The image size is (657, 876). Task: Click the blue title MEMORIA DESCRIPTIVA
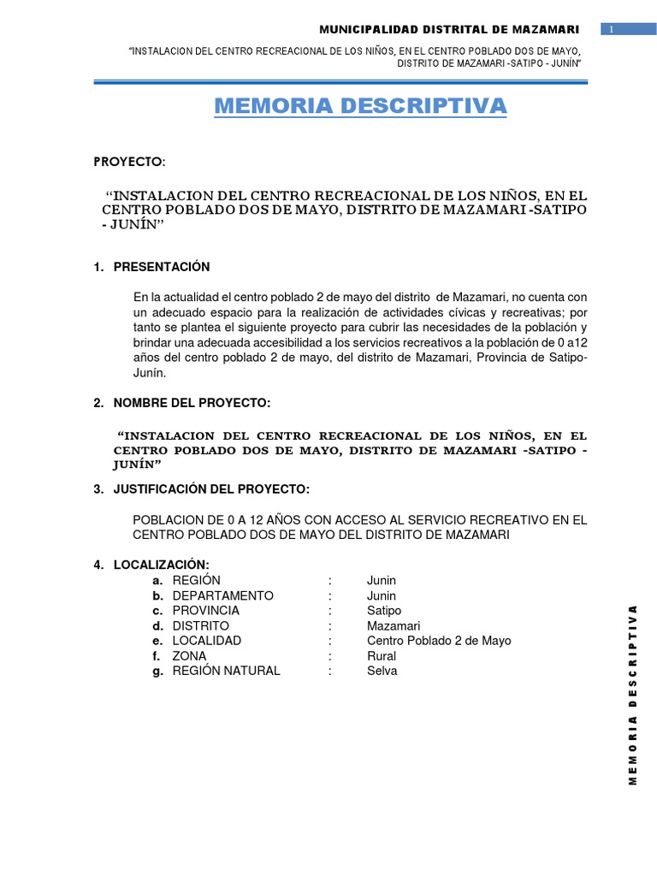point(360,106)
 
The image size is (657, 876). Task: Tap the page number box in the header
point(613,30)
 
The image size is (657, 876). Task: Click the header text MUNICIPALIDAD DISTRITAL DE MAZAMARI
point(449,30)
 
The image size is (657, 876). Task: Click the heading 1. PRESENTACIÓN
point(151,267)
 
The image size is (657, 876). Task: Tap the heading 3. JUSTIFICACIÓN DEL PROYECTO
point(201,489)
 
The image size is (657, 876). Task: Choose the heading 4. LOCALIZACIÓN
point(151,565)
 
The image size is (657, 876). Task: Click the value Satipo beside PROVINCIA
point(383,611)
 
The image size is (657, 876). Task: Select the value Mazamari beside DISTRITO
point(394,626)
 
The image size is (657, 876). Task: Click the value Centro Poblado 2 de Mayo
point(439,641)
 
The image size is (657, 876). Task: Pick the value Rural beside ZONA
point(382,656)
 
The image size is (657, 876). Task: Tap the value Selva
point(382,671)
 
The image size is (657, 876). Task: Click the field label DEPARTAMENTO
point(222,595)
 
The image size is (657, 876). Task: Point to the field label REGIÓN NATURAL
point(226,671)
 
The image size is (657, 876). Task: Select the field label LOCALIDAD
point(206,641)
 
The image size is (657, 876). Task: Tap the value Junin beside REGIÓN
point(382,581)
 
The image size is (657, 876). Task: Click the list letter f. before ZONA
point(157,656)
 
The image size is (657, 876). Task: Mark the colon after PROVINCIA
point(329,611)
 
